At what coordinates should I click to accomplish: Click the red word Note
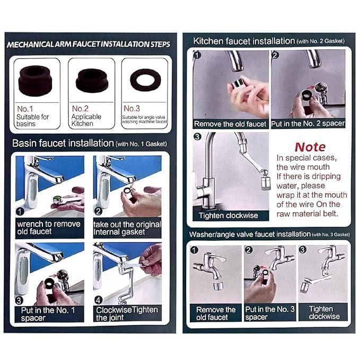coord(310,146)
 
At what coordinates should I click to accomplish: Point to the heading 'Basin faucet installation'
coord(63,143)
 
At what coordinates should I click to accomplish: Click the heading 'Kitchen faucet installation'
coord(244,41)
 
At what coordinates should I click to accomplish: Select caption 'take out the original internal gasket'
coord(127,227)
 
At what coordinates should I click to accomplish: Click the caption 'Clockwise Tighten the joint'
coord(127,314)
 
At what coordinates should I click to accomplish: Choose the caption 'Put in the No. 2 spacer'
coord(308,124)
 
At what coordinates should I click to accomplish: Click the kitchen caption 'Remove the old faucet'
coord(230,124)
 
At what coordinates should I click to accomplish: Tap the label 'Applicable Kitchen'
coord(86,120)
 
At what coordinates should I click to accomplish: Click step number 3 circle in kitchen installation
coord(197,137)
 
